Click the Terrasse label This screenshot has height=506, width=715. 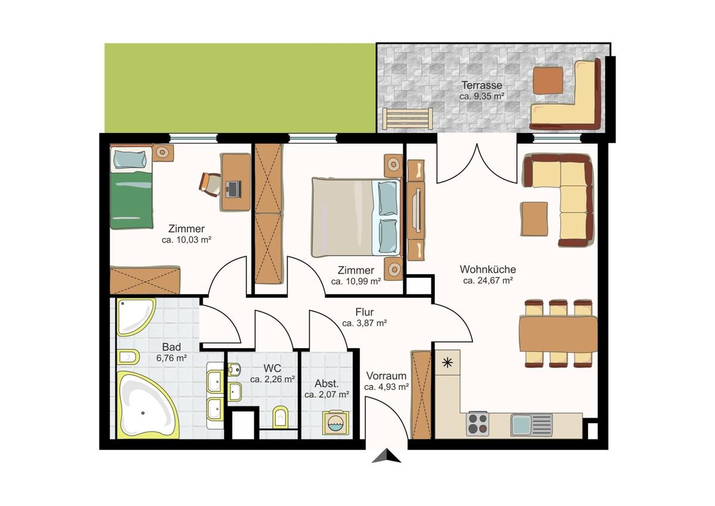[x=481, y=85]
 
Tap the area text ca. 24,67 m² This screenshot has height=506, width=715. [x=488, y=280]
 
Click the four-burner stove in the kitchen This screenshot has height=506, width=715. [x=477, y=424]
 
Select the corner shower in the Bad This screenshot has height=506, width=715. [x=135, y=316]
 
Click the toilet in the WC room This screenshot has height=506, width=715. [x=281, y=417]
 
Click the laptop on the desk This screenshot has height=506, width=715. [x=233, y=188]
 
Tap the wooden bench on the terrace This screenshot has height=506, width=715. [x=407, y=119]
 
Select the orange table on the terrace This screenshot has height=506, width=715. [x=548, y=80]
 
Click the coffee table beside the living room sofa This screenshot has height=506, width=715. [x=534, y=219]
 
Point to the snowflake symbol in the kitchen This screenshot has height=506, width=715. [x=447, y=362]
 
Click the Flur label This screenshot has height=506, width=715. [x=365, y=312]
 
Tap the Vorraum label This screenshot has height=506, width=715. [x=386, y=376]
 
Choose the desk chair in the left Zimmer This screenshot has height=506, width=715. [x=210, y=182]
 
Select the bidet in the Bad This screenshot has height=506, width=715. [x=128, y=357]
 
